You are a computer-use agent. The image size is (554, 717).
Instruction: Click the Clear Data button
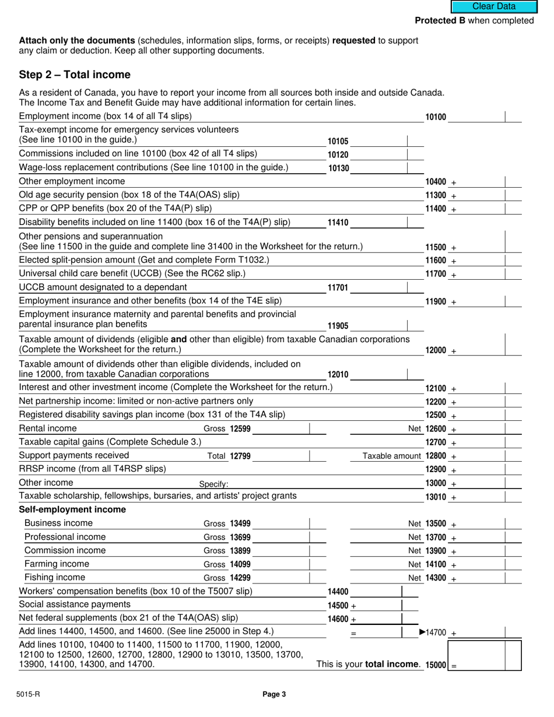[x=493, y=6]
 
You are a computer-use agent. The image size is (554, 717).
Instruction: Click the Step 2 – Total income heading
[x=75, y=75]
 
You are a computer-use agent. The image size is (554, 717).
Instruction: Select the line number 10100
[x=436, y=117]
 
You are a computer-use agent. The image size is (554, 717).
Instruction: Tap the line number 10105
[x=338, y=141]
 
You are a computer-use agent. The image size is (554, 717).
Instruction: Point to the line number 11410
[x=338, y=223]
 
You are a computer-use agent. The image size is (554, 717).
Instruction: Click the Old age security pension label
[x=129, y=194]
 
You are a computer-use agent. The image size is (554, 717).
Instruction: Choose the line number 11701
[x=338, y=287]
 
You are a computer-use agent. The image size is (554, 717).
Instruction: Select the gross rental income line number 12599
[x=240, y=429]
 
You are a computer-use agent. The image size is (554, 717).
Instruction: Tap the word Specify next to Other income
[x=213, y=484]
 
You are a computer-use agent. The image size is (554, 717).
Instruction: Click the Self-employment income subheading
[x=72, y=509]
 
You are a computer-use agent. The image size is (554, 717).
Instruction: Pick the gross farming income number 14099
[x=240, y=564]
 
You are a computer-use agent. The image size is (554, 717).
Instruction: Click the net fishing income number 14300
[x=436, y=578]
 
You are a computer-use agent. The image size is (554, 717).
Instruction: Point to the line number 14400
[x=338, y=592]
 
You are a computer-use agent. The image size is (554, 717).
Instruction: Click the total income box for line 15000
[x=483, y=655]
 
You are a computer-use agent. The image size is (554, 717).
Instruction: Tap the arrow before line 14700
[x=423, y=632]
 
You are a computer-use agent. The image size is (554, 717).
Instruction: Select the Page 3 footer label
[x=274, y=694]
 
